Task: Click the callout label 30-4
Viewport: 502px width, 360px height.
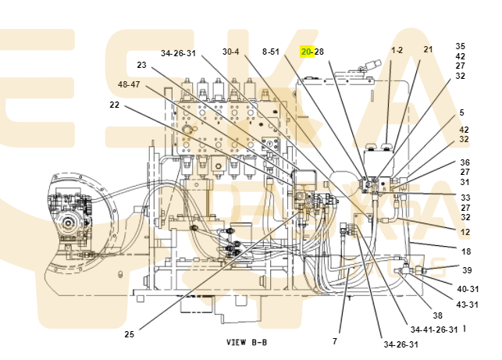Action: point(230,52)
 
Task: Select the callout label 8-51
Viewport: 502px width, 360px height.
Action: point(271,52)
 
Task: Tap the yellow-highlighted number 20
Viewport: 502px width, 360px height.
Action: point(307,52)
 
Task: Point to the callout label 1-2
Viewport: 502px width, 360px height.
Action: point(397,50)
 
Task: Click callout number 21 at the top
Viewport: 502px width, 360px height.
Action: point(428,50)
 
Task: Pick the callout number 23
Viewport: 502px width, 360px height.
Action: point(141,65)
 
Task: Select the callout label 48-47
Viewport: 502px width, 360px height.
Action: point(129,84)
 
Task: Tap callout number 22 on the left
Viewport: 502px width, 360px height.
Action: point(115,105)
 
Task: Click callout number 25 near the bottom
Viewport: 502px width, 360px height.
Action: point(129,334)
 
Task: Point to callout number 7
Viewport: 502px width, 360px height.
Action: point(335,341)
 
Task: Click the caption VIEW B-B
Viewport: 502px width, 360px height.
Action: point(247,342)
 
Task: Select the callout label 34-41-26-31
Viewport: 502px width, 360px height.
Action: point(433,330)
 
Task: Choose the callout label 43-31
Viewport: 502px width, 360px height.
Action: point(468,304)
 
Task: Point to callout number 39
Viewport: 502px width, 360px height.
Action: point(467,270)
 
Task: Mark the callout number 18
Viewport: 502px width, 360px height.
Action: point(466,251)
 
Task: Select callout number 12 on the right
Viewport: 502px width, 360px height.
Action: point(465,232)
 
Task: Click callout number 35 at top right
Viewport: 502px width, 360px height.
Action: point(461,46)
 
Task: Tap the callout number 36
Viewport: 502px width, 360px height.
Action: point(464,162)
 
